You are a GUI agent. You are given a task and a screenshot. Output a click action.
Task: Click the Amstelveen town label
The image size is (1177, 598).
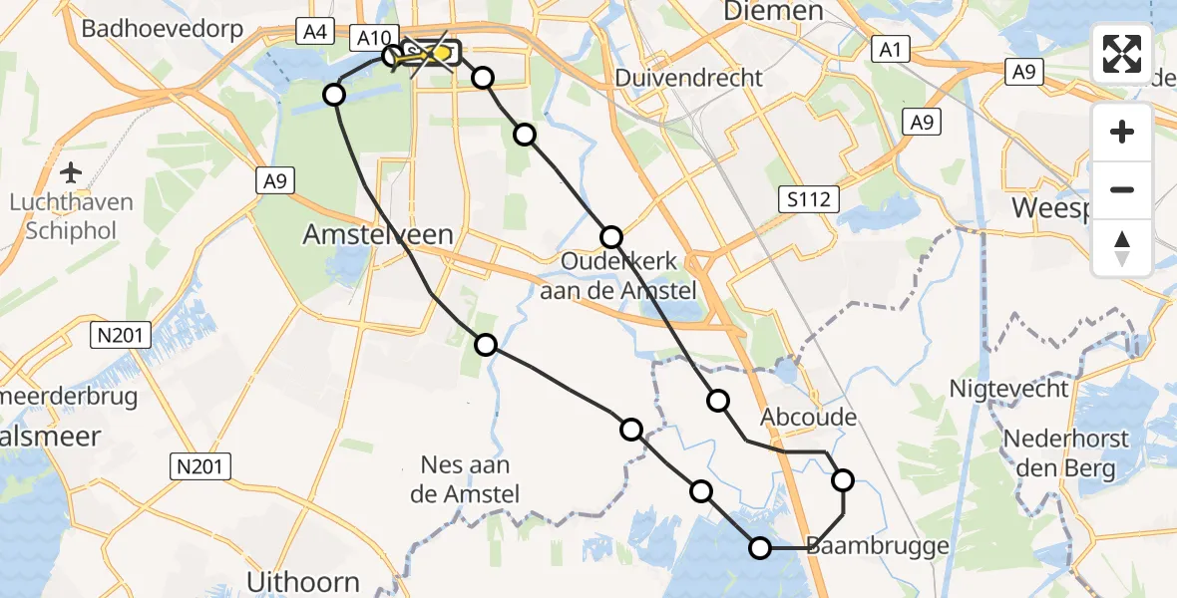point(378,235)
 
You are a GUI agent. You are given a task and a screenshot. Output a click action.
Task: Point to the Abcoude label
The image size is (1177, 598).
point(808,417)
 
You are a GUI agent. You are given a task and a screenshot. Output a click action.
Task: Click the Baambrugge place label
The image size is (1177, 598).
point(863,546)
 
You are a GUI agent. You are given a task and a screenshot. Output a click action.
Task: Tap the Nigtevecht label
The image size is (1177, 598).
point(1008,389)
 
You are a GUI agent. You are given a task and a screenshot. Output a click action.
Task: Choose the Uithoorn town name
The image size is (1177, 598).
point(302,581)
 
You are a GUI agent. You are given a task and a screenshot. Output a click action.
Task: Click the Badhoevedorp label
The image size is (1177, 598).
point(163,29)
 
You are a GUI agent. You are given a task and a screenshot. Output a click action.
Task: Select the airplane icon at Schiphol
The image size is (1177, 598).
point(71,172)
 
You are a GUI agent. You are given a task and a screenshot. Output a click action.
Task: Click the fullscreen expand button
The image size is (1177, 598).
point(1122,54)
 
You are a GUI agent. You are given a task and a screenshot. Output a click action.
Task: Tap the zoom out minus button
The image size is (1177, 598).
point(1122,189)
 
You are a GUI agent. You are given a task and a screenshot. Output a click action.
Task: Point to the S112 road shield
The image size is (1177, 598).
point(811,199)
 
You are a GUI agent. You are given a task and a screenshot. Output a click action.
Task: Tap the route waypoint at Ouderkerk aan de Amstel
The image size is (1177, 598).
point(611,237)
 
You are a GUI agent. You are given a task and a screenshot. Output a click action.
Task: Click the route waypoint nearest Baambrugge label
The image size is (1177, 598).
point(761,547)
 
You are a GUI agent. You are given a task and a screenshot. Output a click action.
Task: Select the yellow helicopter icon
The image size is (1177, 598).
point(411,58)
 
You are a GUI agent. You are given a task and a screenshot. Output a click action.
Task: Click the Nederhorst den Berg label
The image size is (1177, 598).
point(1065,453)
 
